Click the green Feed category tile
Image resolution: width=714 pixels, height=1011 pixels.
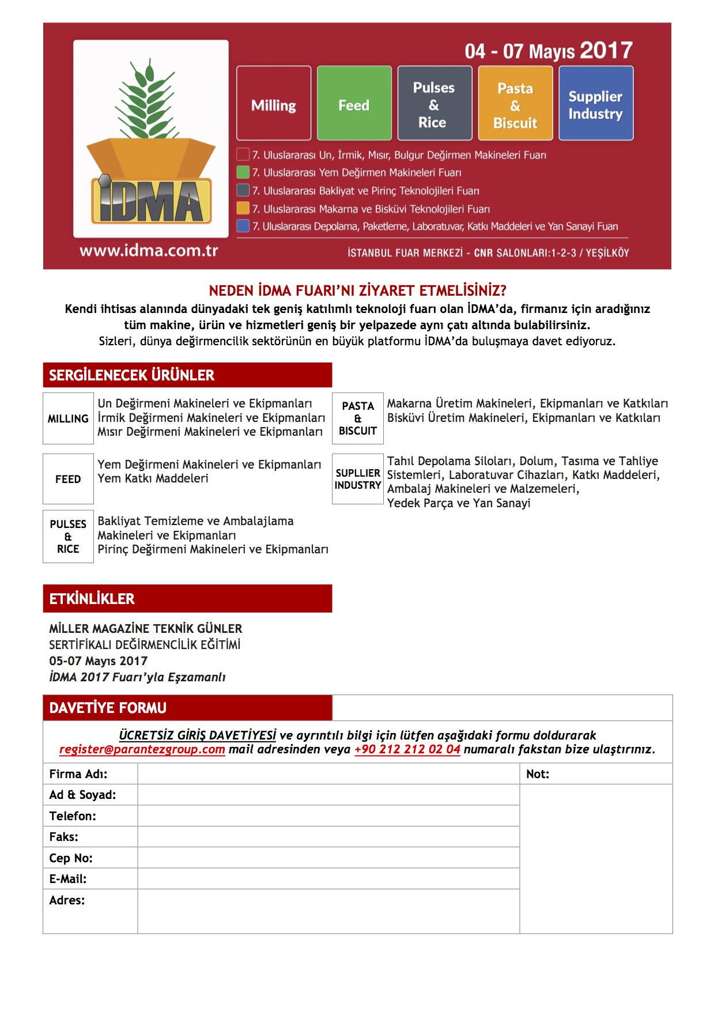(354, 103)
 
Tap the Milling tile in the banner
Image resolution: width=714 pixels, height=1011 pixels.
(274, 103)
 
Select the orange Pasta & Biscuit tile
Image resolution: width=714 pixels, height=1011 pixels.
(515, 103)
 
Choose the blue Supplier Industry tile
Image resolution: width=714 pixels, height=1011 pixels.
(596, 103)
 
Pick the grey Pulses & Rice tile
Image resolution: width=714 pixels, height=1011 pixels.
(435, 103)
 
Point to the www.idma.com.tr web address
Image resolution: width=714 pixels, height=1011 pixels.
(149, 251)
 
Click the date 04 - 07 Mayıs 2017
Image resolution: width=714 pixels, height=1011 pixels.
(549, 51)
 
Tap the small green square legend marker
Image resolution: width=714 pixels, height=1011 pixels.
(243, 172)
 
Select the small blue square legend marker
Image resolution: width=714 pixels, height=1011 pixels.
(243, 225)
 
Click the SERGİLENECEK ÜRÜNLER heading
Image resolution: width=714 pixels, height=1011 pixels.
(131, 375)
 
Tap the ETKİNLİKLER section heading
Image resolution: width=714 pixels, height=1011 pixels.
(92, 599)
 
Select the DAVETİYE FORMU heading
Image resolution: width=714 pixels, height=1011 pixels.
(108, 708)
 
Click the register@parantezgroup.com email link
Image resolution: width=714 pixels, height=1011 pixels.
(142, 749)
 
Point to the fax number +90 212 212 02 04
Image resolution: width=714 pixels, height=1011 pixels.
(407, 749)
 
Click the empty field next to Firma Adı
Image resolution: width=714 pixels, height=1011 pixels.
(328, 774)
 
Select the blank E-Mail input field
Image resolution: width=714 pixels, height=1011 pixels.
(328, 878)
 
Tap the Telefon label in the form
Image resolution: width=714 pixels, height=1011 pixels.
(73, 816)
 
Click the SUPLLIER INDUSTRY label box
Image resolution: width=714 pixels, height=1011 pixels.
(358, 479)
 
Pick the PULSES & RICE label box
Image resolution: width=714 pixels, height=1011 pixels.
(68, 536)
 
